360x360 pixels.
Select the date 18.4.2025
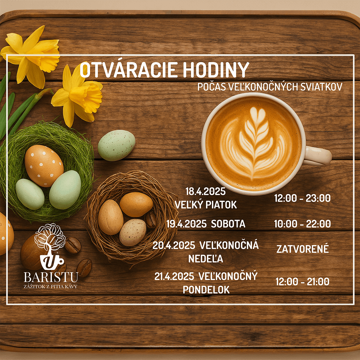[x=205, y=192]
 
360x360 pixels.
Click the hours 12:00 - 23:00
[x=302, y=198]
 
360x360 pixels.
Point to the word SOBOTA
[x=228, y=224]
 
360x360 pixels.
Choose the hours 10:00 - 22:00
[x=302, y=224]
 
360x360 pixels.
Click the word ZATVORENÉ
[x=302, y=249]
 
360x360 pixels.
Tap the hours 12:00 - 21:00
[x=302, y=282]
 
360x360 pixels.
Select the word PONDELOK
[x=206, y=290]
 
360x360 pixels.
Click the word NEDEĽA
[x=206, y=259]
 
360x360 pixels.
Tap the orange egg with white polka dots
[x=44, y=165]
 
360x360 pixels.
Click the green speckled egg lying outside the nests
[x=116, y=145]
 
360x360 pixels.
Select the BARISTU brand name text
[x=51, y=277]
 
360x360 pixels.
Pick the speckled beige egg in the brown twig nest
[x=133, y=232]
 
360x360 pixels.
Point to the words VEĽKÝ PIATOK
[x=206, y=205]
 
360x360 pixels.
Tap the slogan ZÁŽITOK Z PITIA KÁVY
[x=51, y=287]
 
